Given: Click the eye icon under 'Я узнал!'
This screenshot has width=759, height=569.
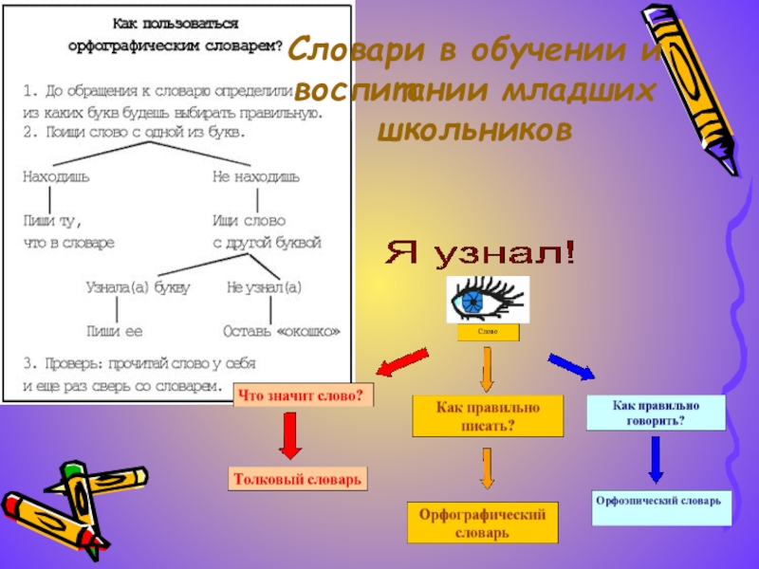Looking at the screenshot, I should click(x=487, y=300).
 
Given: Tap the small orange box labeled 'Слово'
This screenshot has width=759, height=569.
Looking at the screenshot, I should click(x=488, y=333).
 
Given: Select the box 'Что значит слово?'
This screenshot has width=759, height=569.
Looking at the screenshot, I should click(x=303, y=395).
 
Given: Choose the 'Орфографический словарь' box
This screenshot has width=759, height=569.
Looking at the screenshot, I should click(x=483, y=523).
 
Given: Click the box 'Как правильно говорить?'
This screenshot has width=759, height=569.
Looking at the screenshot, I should click(x=656, y=413).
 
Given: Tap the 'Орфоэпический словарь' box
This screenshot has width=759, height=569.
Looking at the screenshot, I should click(x=660, y=505).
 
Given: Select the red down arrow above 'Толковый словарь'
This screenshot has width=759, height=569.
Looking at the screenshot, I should click(x=290, y=438).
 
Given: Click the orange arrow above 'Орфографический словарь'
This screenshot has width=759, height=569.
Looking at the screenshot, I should click(x=488, y=468).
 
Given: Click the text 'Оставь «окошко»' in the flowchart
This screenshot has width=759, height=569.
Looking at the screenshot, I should click(x=281, y=332).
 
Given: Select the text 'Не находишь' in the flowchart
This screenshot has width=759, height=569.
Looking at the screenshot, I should click(x=256, y=176).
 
